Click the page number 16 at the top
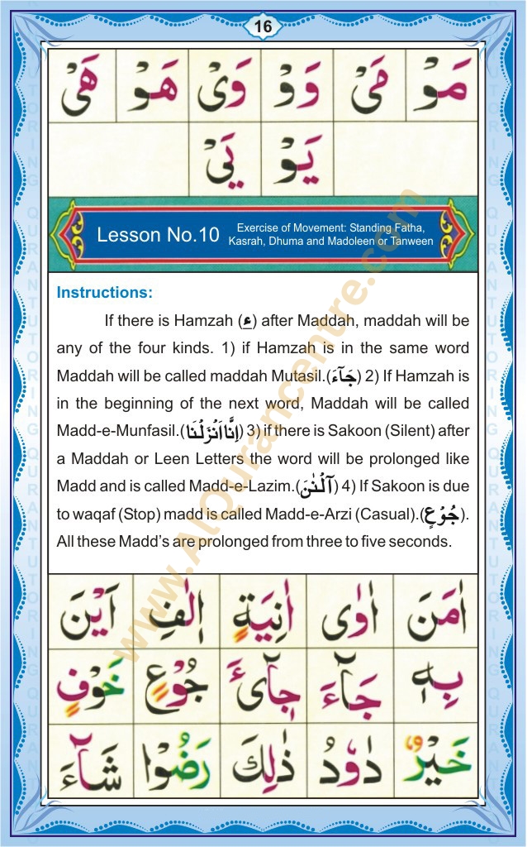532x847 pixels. tap(263, 26)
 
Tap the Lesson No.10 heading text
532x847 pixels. tap(158, 234)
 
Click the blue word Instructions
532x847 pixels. tap(104, 292)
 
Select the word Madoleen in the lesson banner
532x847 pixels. tap(329, 242)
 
